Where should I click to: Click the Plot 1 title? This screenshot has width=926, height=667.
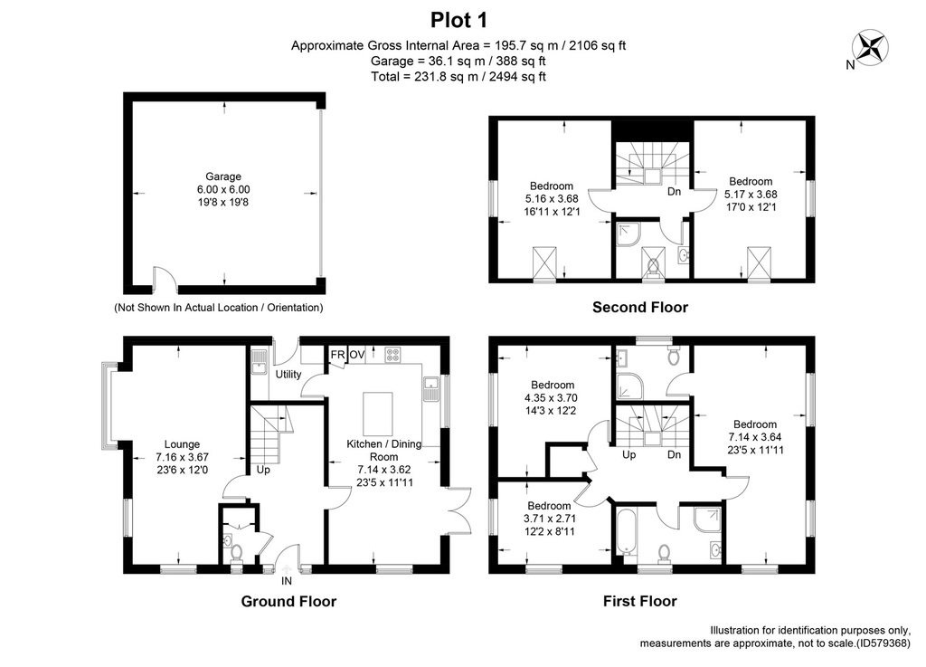point(458,20)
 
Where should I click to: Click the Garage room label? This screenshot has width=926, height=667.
point(223,176)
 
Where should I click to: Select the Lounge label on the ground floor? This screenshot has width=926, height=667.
point(182,444)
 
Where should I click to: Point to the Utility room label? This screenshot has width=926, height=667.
point(288,374)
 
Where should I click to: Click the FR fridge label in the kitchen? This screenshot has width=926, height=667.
point(338,355)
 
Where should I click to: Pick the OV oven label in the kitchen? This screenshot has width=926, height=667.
point(356,355)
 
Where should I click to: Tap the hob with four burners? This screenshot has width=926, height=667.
point(392,355)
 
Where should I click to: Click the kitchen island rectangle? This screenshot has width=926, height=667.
point(378,413)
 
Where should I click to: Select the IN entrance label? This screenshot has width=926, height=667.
point(287,581)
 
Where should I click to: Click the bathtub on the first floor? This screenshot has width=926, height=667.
point(626,533)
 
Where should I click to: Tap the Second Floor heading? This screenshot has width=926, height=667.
point(640,307)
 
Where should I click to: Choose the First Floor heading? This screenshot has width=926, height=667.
point(639,602)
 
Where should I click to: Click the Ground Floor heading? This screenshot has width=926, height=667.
point(288,602)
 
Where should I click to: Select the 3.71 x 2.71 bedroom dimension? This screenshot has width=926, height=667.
point(549,519)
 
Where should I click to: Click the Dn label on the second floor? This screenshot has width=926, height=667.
point(674,192)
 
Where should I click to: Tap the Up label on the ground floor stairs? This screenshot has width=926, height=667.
point(263,470)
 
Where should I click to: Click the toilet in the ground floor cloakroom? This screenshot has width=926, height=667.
point(237,554)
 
